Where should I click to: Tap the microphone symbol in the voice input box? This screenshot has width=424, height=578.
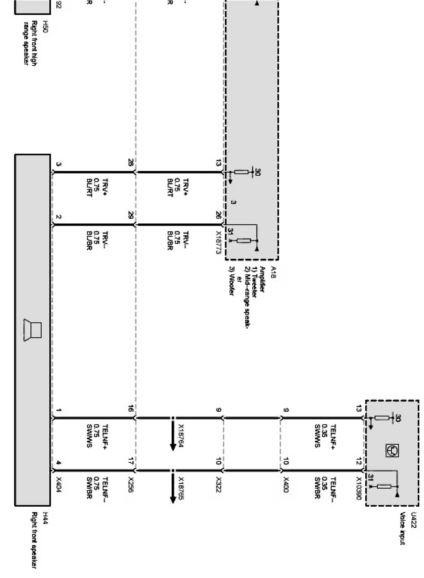pos(391,450)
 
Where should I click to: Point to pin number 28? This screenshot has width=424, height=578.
pos(131,164)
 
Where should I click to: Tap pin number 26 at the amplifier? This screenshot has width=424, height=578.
pos(218,216)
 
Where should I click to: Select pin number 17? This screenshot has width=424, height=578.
pos(131,461)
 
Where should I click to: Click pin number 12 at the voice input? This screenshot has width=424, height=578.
pos(358,461)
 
